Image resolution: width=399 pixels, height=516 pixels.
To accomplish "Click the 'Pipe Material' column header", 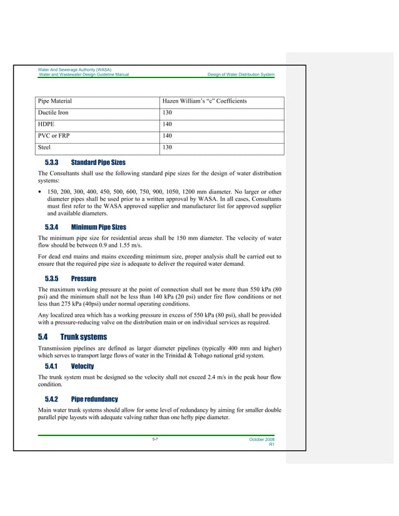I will click(55, 101).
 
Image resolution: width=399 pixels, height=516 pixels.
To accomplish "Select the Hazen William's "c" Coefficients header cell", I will click(205, 101).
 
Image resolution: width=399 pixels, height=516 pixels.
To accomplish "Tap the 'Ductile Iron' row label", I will click(54, 113).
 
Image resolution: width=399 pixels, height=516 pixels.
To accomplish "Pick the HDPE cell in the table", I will click(48, 125).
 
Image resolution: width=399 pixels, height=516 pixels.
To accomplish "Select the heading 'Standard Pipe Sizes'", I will click(98, 162).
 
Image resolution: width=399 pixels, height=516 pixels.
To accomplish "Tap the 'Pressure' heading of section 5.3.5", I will click(83, 278).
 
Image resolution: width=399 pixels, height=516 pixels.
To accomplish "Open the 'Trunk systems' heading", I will click(88, 337).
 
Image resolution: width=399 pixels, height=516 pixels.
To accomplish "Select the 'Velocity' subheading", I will click(83, 366).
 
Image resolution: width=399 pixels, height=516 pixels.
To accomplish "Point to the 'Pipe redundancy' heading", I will click(94, 399).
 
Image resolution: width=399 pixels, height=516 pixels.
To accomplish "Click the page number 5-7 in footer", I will click(154, 440).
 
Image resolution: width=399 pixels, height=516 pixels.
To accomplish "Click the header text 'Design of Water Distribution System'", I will click(240, 74).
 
